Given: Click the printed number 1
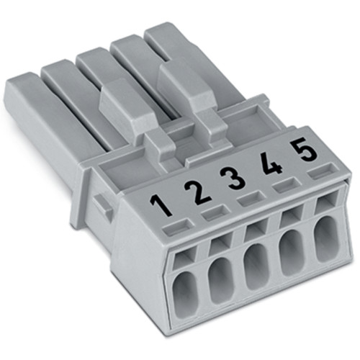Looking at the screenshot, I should coord(163,206).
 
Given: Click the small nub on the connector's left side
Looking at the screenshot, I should coord(103,207).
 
